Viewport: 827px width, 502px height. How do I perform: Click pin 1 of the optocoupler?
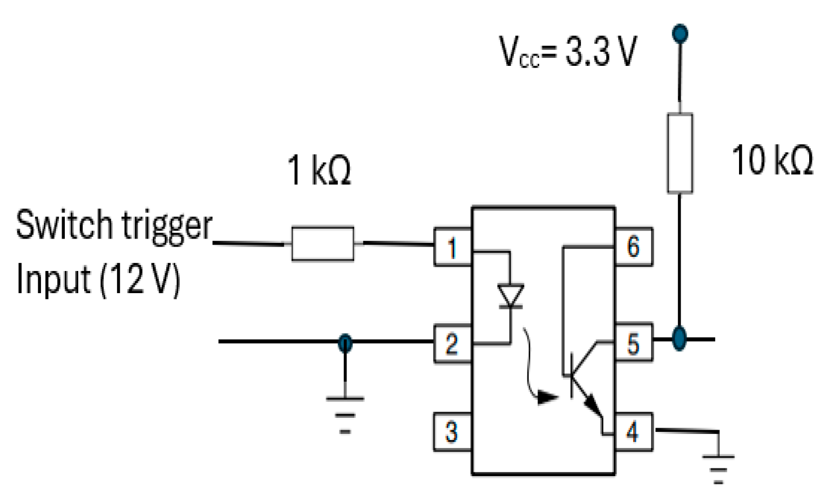point(452,247)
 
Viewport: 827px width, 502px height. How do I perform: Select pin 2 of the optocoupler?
point(452,343)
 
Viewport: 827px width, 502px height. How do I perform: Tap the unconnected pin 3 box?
point(452,432)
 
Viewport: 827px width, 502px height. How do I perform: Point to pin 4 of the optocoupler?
point(633,432)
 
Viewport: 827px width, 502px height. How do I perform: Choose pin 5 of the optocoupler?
point(633,343)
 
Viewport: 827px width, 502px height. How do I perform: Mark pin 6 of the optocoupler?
point(633,247)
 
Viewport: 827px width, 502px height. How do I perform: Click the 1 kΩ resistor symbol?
point(323,244)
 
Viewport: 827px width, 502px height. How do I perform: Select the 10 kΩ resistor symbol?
point(680,153)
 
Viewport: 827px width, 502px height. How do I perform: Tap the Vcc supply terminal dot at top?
point(680,33)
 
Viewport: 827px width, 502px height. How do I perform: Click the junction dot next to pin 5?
point(680,339)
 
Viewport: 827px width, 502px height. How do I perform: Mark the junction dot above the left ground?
point(345,343)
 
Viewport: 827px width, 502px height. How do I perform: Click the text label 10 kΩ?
point(772,160)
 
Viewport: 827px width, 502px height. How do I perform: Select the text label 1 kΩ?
point(319,170)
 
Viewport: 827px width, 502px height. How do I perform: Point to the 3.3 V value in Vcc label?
point(601,52)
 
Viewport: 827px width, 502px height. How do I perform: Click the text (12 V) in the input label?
point(140,280)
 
